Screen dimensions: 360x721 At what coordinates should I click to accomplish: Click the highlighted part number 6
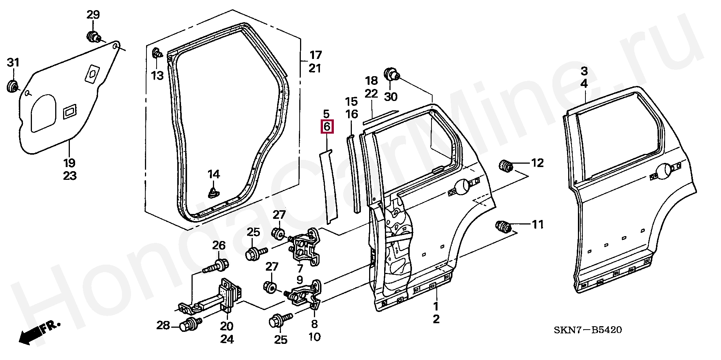click(x=326, y=127)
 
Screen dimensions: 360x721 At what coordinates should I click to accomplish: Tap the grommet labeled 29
click(x=93, y=37)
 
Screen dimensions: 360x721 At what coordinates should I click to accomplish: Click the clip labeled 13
click(x=157, y=53)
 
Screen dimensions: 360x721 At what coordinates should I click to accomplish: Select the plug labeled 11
click(x=503, y=227)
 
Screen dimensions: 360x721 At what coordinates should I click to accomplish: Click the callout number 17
click(x=315, y=55)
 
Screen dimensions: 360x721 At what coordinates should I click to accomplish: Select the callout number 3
click(x=584, y=71)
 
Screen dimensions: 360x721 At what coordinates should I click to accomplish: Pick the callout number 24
click(x=227, y=339)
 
